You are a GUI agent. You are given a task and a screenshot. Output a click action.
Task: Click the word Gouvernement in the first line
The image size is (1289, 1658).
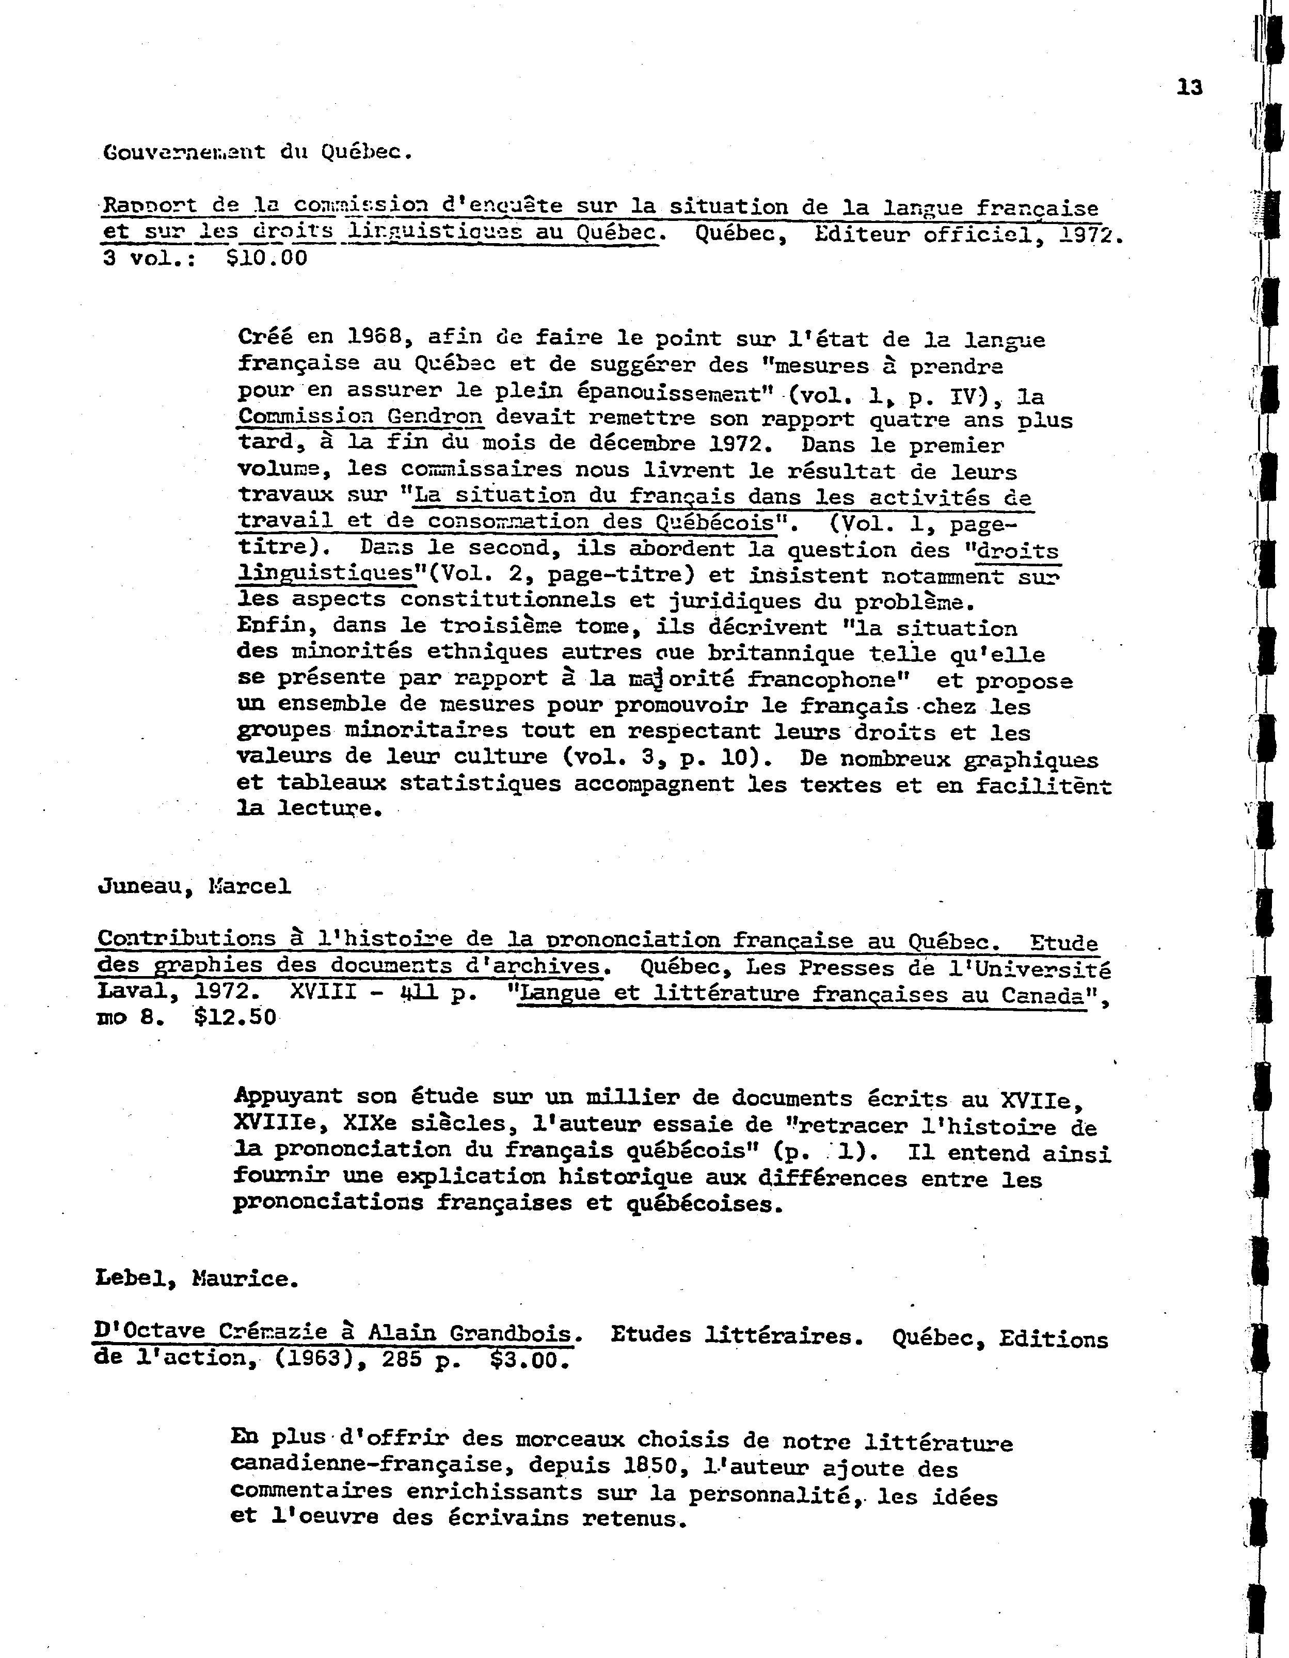pos(184,152)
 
